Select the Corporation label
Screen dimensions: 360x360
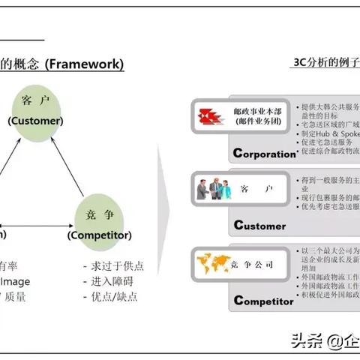point(265,154)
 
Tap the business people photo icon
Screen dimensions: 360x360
point(212,188)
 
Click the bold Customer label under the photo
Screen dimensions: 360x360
point(259,225)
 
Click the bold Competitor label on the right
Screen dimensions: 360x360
point(263,301)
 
